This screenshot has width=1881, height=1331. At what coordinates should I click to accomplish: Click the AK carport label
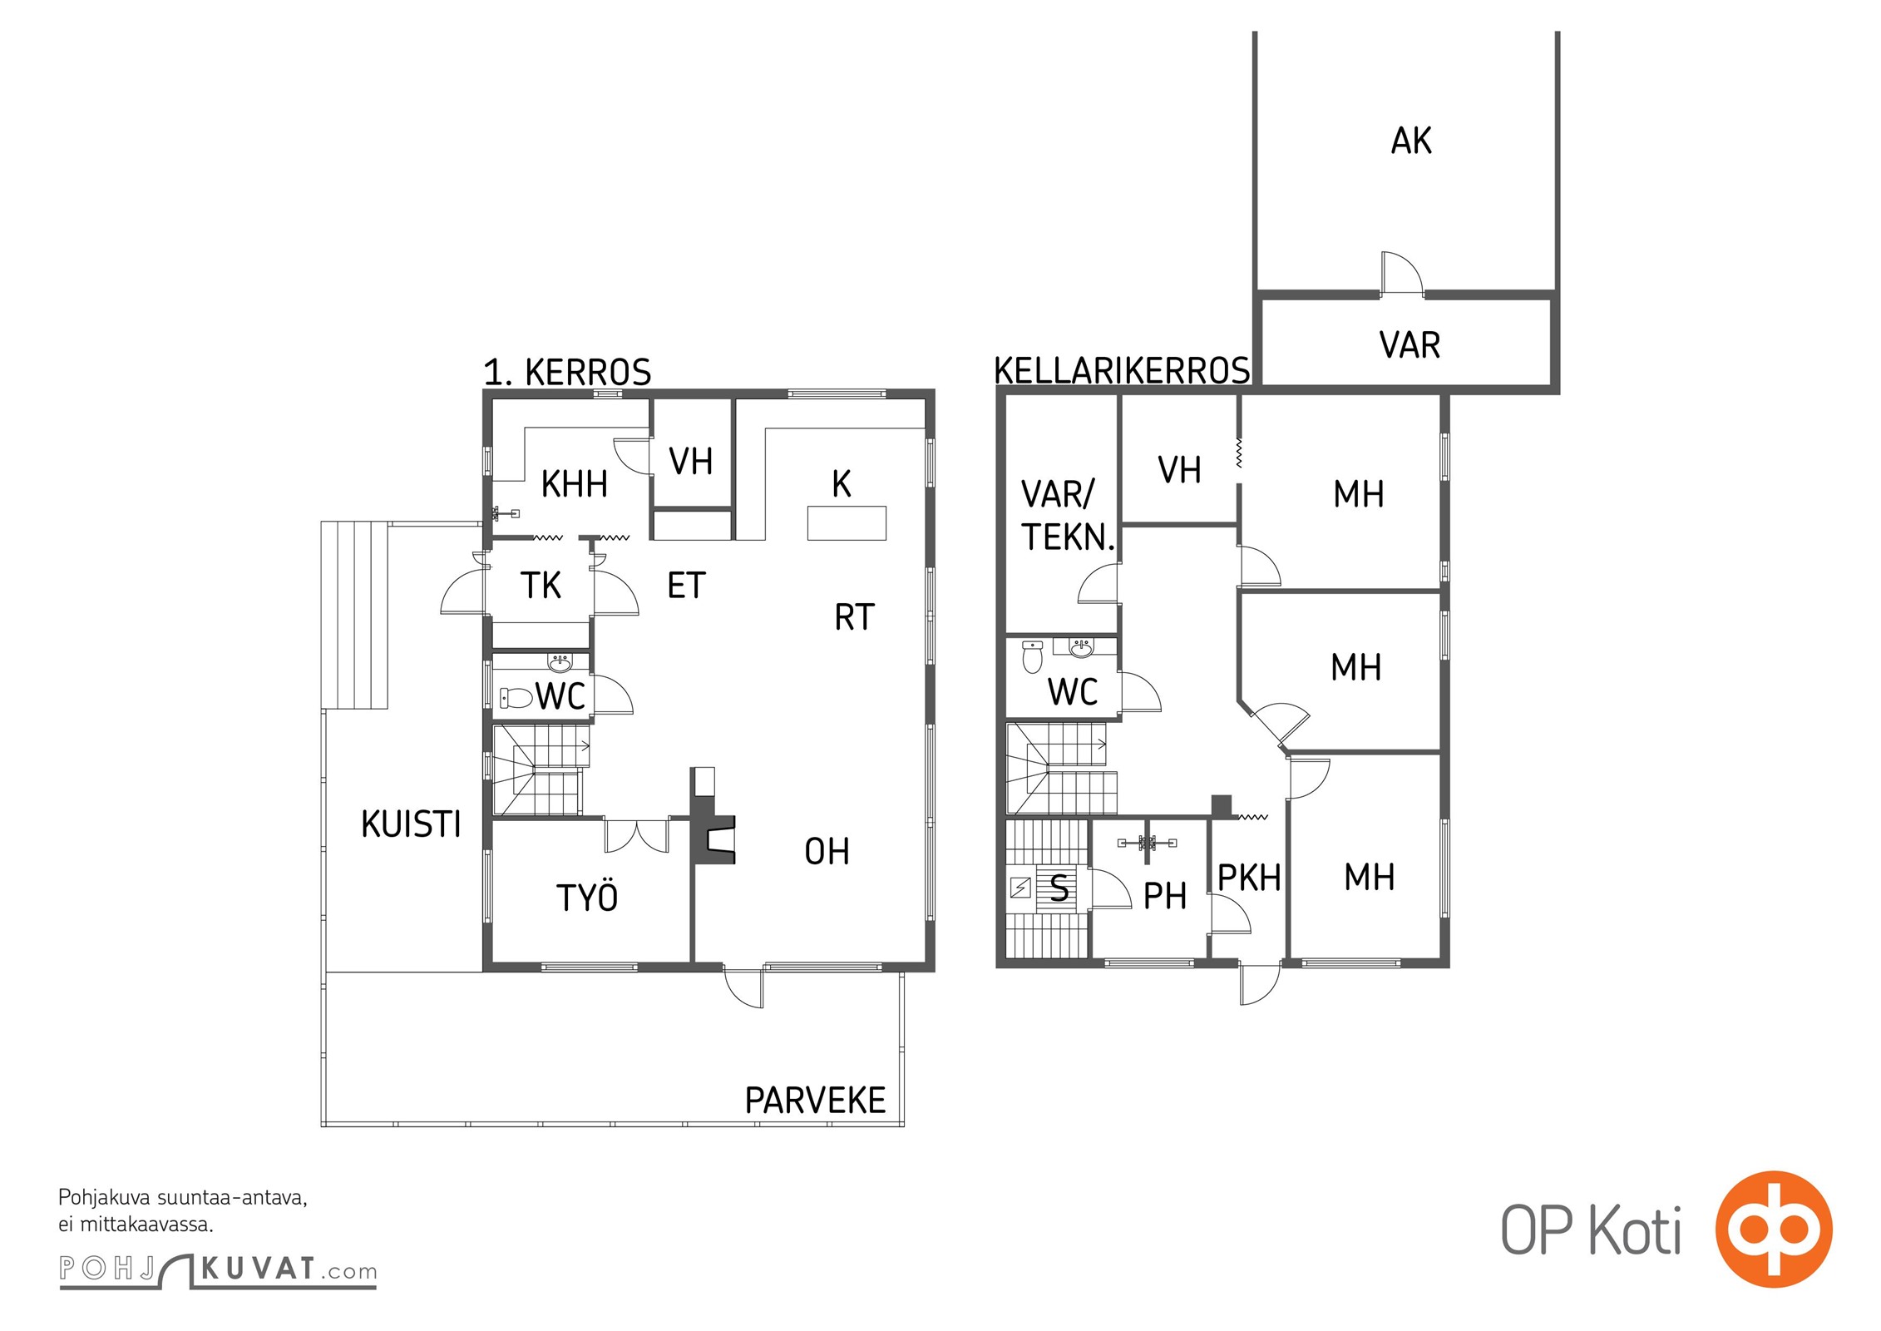(1411, 141)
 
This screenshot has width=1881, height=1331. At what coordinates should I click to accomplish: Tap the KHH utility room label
(574, 483)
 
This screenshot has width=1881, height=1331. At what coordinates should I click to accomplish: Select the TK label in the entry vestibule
(541, 585)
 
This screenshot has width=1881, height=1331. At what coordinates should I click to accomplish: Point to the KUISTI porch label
(411, 824)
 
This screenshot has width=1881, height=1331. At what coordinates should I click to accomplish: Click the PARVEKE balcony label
(815, 1100)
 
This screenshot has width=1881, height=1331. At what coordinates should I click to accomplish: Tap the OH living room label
(827, 851)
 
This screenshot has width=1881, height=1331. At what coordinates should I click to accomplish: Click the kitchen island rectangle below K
(847, 523)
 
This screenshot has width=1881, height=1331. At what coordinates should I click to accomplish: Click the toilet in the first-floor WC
(516, 697)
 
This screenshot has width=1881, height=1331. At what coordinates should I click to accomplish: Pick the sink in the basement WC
(1081, 647)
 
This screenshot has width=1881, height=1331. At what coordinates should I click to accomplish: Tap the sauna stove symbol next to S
(1019, 888)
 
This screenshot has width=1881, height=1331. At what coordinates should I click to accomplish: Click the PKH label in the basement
(1249, 877)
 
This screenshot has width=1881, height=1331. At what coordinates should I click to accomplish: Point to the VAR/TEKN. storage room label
(1068, 516)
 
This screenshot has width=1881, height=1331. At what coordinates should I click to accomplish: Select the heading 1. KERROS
(567, 372)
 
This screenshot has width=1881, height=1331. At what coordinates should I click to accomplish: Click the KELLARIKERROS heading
(1122, 370)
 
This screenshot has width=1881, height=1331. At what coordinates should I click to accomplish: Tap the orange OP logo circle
(1774, 1229)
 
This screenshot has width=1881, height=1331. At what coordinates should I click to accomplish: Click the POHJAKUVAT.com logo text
(218, 1270)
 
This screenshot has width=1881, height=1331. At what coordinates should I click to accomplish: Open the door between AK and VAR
(1402, 273)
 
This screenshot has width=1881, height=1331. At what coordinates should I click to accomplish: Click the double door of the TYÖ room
(637, 835)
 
